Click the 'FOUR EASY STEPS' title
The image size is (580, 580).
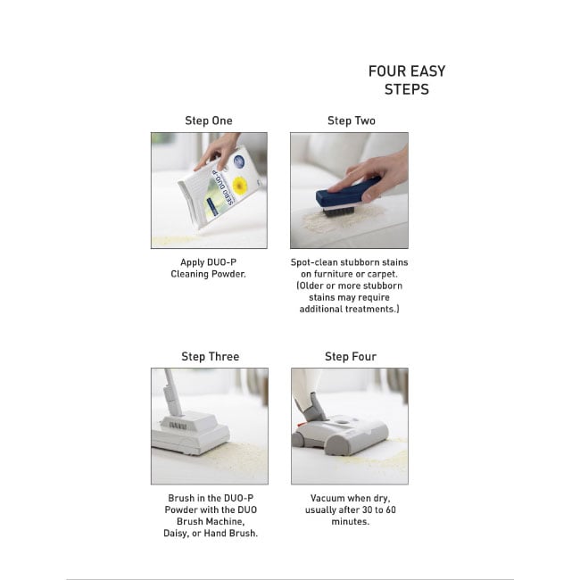(407, 80)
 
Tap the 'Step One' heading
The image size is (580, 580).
(209, 120)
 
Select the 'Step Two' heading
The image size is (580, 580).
(352, 120)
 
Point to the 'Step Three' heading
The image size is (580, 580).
(210, 357)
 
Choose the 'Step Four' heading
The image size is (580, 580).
(351, 357)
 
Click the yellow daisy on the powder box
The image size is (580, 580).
(240, 185)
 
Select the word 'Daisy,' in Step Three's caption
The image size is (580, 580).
(177, 534)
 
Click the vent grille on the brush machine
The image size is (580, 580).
(178, 426)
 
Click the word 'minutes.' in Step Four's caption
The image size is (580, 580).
(351, 522)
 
